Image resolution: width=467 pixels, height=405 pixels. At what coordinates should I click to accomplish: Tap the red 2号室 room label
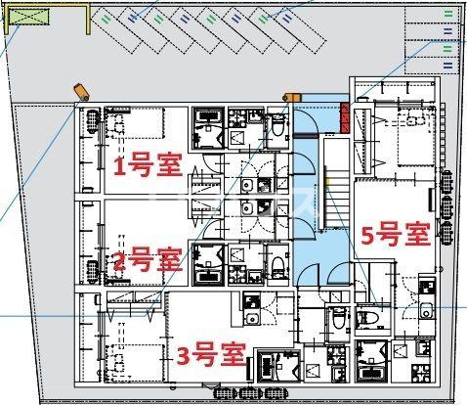coord(148,260)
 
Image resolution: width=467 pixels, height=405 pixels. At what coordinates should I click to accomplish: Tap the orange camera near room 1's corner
coord(81,92)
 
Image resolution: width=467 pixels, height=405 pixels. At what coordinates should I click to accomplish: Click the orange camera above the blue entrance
coord(289,97)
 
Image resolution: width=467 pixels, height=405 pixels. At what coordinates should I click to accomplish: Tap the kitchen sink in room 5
coord(427,311)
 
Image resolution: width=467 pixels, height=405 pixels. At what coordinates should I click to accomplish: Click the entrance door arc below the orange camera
coord(306,117)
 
